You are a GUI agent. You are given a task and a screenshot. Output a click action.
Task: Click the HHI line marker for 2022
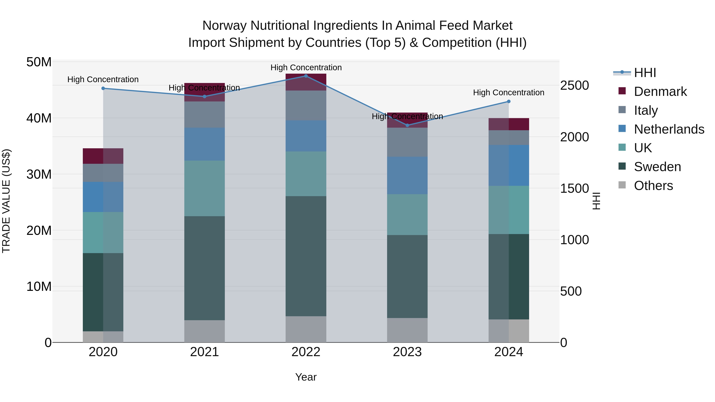click(x=306, y=76)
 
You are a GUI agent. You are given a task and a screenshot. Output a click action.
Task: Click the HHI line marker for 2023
click(x=407, y=125)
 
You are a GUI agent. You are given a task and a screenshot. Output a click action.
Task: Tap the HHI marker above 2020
click(x=103, y=88)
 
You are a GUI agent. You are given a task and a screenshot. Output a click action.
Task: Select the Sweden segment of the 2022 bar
click(x=306, y=256)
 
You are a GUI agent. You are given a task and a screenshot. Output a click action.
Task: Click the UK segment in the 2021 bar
click(x=205, y=188)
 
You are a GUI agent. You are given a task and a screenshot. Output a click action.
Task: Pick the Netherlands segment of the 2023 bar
click(x=407, y=175)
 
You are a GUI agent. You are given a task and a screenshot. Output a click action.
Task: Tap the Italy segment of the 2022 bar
click(x=306, y=105)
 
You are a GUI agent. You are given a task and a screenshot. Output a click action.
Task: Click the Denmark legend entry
click(x=660, y=92)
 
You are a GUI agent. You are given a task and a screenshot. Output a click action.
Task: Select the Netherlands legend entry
click(x=669, y=129)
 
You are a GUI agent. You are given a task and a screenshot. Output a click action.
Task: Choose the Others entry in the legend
click(x=653, y=186)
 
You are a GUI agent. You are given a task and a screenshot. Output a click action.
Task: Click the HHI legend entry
click(x=645, y=73)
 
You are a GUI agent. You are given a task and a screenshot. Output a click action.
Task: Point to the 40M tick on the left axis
click(x=39, y=118)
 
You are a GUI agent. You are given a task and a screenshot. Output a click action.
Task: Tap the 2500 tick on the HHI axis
click(x=574, y=85)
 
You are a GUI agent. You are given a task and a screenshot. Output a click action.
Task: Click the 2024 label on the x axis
click(x=508, y=352)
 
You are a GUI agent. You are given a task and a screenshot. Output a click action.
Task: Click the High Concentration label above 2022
click(x=306, y=67)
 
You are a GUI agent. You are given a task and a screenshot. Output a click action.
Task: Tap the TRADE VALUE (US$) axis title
click(x=6, y=201)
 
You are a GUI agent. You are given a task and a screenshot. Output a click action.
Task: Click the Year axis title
click(x=306, y=377)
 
